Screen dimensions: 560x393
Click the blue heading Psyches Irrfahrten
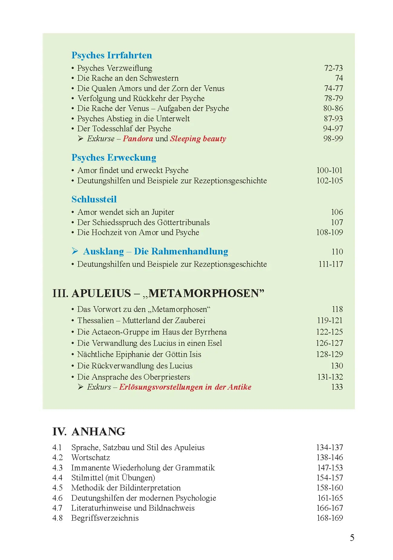click(112, 55)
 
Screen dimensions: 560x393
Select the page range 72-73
click(333, 68)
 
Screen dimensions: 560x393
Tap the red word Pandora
click(138, 139)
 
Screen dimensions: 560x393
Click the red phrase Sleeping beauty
click(198, 139)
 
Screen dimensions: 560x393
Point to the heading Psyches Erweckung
click(114, 158)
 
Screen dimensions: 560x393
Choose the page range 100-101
click(329, 170)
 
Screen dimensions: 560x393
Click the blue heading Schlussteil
click(94, 199)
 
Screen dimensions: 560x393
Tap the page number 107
click(337, 222)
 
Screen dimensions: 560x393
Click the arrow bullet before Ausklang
click(75, 251)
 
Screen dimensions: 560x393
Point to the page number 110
click(337, 252)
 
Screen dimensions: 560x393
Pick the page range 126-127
click(329, 343)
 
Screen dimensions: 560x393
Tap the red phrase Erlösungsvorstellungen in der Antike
click(185, 387)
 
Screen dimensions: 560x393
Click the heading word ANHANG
click(98, 432)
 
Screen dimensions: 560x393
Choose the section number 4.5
click(57, 488)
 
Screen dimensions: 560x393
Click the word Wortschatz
click(90, 457)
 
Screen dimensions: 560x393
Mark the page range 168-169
click(330, 518)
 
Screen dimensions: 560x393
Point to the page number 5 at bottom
click(352, 538)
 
